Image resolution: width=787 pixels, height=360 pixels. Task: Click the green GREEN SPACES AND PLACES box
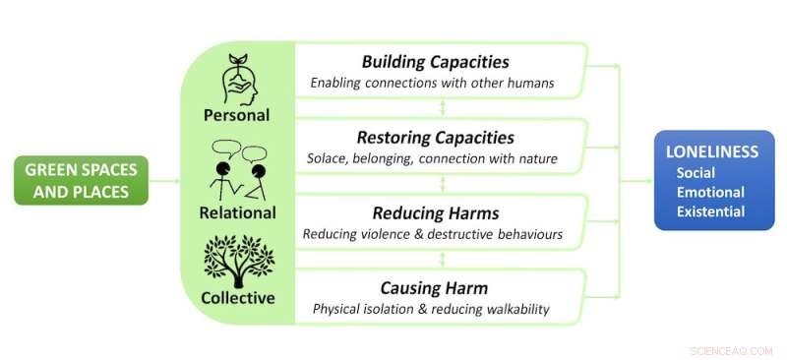[81, 180]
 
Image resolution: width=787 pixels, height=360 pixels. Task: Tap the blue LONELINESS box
[713, 180]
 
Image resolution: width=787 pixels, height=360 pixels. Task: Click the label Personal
[236, 114]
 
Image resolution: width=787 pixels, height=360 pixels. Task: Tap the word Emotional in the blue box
[709, 192]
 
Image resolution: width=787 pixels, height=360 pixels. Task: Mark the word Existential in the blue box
[710, 211]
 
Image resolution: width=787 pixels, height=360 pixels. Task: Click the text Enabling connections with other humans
[432, 84]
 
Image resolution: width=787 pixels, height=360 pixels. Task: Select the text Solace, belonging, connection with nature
[433, 159]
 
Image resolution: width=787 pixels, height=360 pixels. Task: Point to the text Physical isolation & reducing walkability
[432, 309]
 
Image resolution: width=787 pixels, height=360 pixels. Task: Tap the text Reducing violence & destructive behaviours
[433, 234]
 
